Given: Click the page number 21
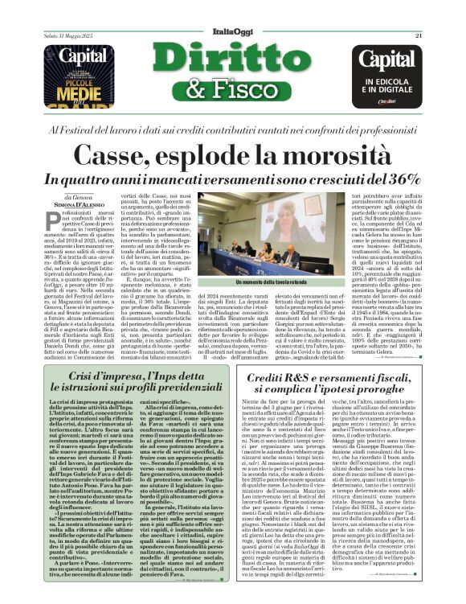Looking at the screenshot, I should click(419, 12).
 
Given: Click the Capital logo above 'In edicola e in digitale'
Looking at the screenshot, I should click(391, 60).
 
